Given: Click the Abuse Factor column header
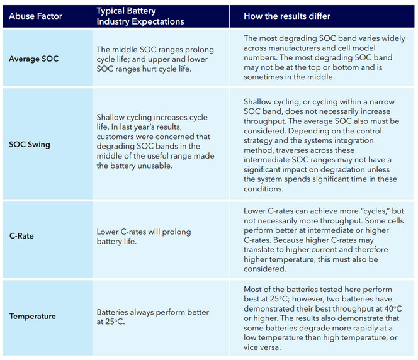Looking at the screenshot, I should point(35,16).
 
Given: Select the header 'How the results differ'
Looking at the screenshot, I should point(287,16).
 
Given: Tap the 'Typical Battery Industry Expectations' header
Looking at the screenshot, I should point(140,16).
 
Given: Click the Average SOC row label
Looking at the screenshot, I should point(34,59).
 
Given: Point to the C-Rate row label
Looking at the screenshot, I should point(21,236).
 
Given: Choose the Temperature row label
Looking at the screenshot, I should point(32,317).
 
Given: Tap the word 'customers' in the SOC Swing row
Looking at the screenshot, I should point(120,137).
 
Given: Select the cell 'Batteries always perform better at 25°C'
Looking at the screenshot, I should point(152,317).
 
